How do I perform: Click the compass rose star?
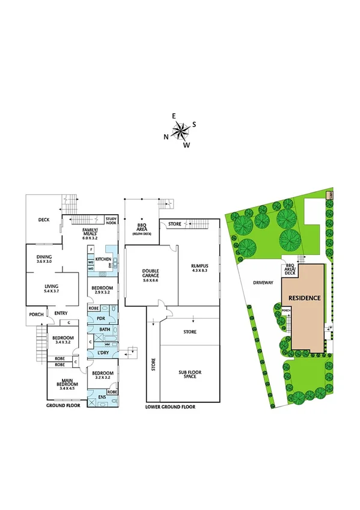pos(180,131)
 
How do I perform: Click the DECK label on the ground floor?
pos(44,220)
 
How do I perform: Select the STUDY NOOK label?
pos(111,221)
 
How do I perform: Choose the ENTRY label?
pos(61,313)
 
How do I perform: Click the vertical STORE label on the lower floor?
pos(153,364)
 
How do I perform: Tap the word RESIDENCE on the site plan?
pos(304,298)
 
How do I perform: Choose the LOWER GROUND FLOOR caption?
pos(170,407)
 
